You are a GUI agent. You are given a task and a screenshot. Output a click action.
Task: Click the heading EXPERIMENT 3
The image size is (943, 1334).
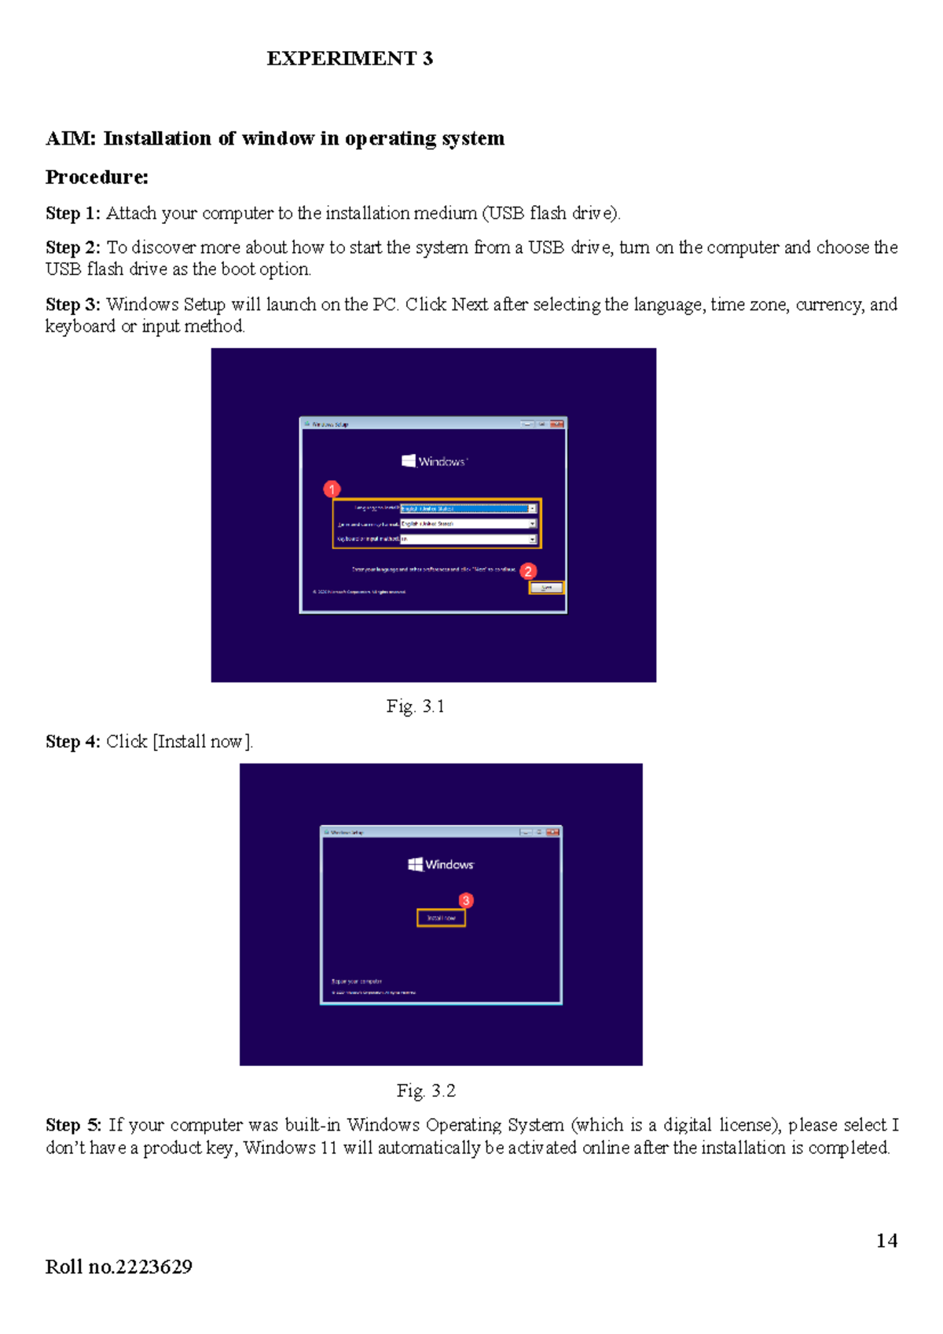coord(350,59)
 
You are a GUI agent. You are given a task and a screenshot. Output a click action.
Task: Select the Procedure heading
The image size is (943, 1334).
coord(97,178)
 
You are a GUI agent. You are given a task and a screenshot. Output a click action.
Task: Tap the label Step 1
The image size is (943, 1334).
coord(72,214)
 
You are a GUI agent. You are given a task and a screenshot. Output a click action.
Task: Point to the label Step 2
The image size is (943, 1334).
coord(72,247)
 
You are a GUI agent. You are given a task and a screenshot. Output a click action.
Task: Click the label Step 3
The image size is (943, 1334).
coord(72,305)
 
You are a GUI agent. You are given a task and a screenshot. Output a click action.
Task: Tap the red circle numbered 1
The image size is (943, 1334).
coord(332,489)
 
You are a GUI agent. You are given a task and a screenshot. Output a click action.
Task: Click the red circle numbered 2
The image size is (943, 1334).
coord(528,571)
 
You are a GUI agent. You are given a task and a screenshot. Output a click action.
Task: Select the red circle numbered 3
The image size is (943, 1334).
coord(466,900)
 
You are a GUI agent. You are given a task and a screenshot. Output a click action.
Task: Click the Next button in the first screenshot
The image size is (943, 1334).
coord(546,588)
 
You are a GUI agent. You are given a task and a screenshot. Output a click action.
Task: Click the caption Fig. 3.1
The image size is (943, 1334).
coord(415,706)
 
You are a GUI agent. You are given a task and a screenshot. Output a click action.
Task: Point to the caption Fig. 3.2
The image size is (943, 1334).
coord(426,1090)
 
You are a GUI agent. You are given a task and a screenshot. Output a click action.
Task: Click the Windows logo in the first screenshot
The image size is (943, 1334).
coord(409,461)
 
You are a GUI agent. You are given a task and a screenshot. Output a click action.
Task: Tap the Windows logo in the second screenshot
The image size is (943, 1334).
coord(416,864)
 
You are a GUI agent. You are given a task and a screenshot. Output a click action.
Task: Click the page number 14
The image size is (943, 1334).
coord(886,1241)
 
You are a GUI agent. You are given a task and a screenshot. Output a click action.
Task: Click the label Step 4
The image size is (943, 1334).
coord(72,742)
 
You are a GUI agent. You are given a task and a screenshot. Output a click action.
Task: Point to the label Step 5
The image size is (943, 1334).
coord(73,1125)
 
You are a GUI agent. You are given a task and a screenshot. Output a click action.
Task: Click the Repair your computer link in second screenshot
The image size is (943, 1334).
coord(357,981)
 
